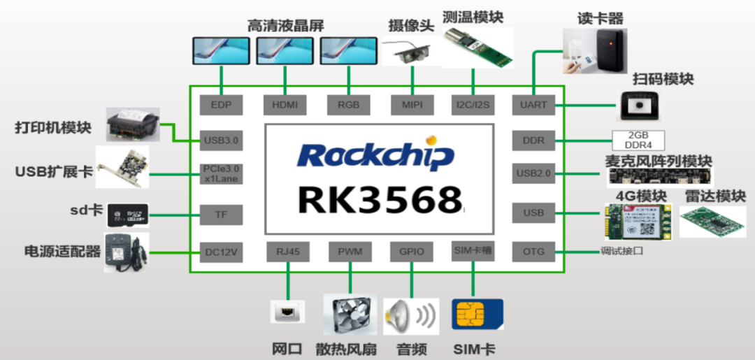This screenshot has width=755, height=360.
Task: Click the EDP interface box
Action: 221,106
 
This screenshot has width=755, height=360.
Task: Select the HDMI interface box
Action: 285,106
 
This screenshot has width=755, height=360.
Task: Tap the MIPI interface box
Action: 411,106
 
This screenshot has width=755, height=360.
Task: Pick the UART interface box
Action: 533,106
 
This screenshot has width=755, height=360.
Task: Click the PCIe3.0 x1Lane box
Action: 221,173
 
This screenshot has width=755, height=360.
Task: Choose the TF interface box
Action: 221,214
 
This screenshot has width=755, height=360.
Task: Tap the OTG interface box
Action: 533,251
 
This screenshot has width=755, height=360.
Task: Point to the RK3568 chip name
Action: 379,198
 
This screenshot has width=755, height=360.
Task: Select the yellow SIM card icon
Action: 478,315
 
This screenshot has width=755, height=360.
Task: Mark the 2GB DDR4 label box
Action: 638,140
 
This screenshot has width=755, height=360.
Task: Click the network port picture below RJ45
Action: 287,311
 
